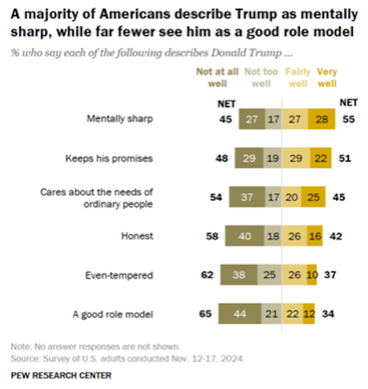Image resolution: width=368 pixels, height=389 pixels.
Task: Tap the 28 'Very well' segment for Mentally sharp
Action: click(321, 119)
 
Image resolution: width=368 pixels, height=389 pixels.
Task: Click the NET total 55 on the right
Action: click(349, 119)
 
